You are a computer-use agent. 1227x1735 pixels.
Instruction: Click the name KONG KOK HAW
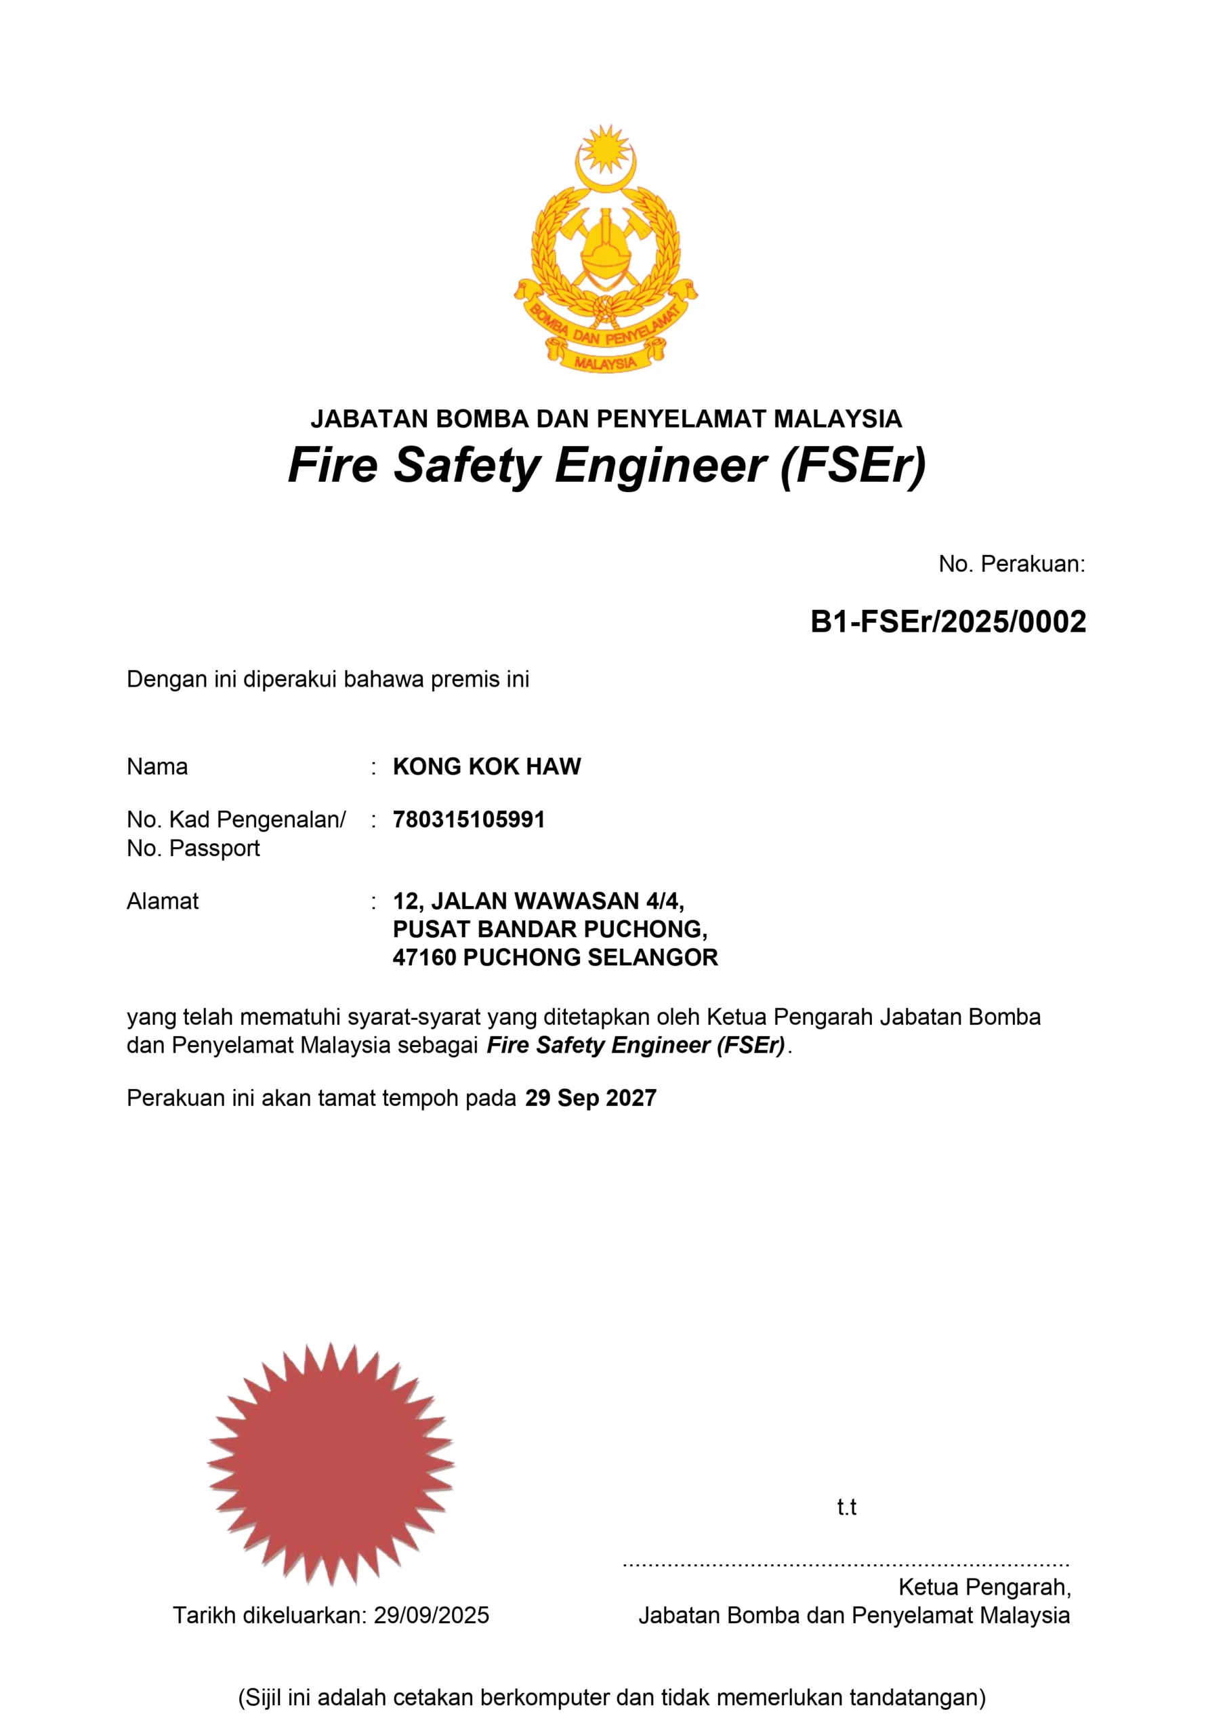coord(486,767)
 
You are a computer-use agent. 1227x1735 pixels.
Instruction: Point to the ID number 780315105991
coord(468,819)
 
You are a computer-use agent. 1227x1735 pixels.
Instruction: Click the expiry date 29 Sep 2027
coord(591,1098)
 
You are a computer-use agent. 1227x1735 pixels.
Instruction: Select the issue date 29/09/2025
coord(432,1615)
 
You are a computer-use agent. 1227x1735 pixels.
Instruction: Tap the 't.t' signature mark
coord(846,1507)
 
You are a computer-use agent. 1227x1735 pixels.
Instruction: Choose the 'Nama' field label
coord(157,767)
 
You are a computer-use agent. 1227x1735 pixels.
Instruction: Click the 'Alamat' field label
coord(163,901)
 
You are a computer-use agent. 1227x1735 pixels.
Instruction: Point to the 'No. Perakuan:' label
coord(1011,564)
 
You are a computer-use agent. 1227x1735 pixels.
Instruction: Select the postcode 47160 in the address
coord(424,958)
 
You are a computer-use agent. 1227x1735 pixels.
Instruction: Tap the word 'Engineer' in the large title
coord(661,466)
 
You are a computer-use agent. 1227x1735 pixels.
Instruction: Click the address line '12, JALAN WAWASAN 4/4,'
coord(538,901)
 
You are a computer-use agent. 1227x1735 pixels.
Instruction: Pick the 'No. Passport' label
coord(192,848)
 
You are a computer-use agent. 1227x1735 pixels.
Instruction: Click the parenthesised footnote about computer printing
coord(612,1697)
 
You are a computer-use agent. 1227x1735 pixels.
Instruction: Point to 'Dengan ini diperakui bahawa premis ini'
coord(328,679)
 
